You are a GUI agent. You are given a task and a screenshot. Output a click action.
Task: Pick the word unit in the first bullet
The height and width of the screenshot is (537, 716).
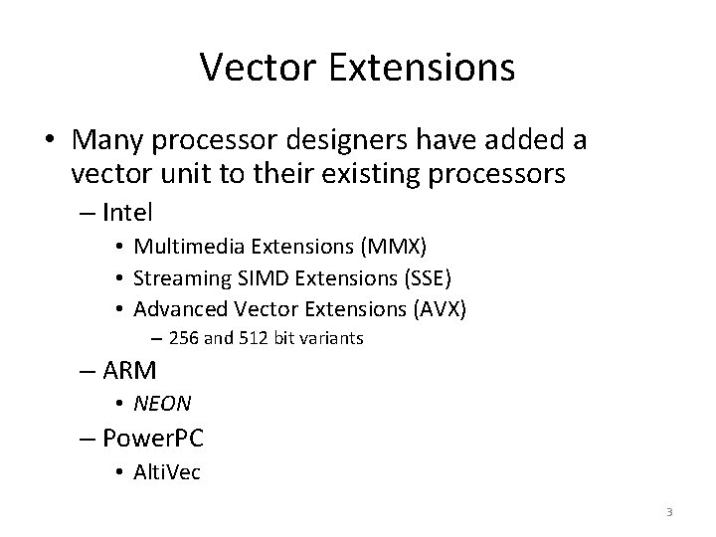(x=176, y=175)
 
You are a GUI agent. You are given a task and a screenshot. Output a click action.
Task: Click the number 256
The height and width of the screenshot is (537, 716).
(x=184, y=338)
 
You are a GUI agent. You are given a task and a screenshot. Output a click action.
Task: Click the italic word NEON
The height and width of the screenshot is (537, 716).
(x=163, y=403)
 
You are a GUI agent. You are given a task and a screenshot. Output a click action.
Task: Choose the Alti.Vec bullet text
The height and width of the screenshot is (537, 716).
(x=167, y=471)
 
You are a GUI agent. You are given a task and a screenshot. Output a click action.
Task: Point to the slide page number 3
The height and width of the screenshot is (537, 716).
(x=669, y=512)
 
